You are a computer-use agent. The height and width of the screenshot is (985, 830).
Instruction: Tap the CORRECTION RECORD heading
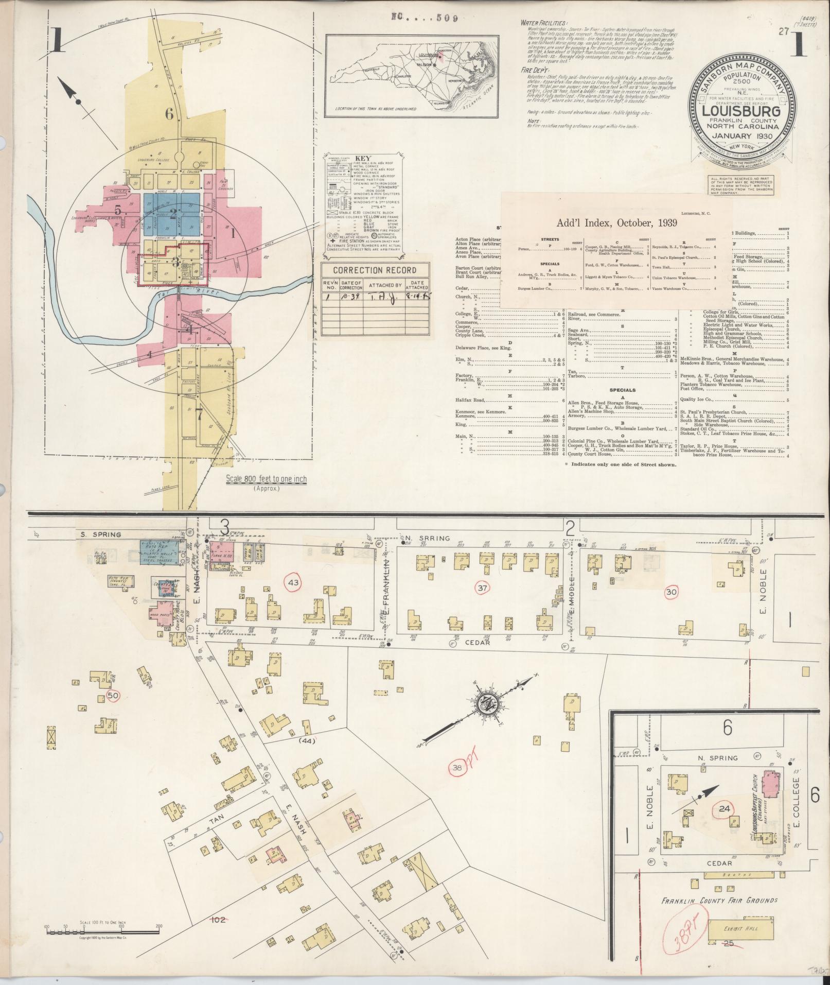tap(374, 270)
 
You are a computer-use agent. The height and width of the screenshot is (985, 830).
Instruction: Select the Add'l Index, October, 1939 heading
tap(616, 223)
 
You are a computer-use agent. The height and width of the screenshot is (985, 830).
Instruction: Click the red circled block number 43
tap(293, 582)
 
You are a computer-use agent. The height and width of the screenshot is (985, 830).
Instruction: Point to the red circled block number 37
tap(482, 588)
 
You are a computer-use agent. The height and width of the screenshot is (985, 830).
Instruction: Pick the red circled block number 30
tap(671, 592)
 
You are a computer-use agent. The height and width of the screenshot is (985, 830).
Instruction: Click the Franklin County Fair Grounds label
tap(719, 886)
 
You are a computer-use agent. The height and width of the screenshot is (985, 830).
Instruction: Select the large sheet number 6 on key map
tap(169, 114)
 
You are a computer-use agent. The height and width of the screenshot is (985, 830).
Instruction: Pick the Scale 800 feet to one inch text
tap(267, 479)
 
